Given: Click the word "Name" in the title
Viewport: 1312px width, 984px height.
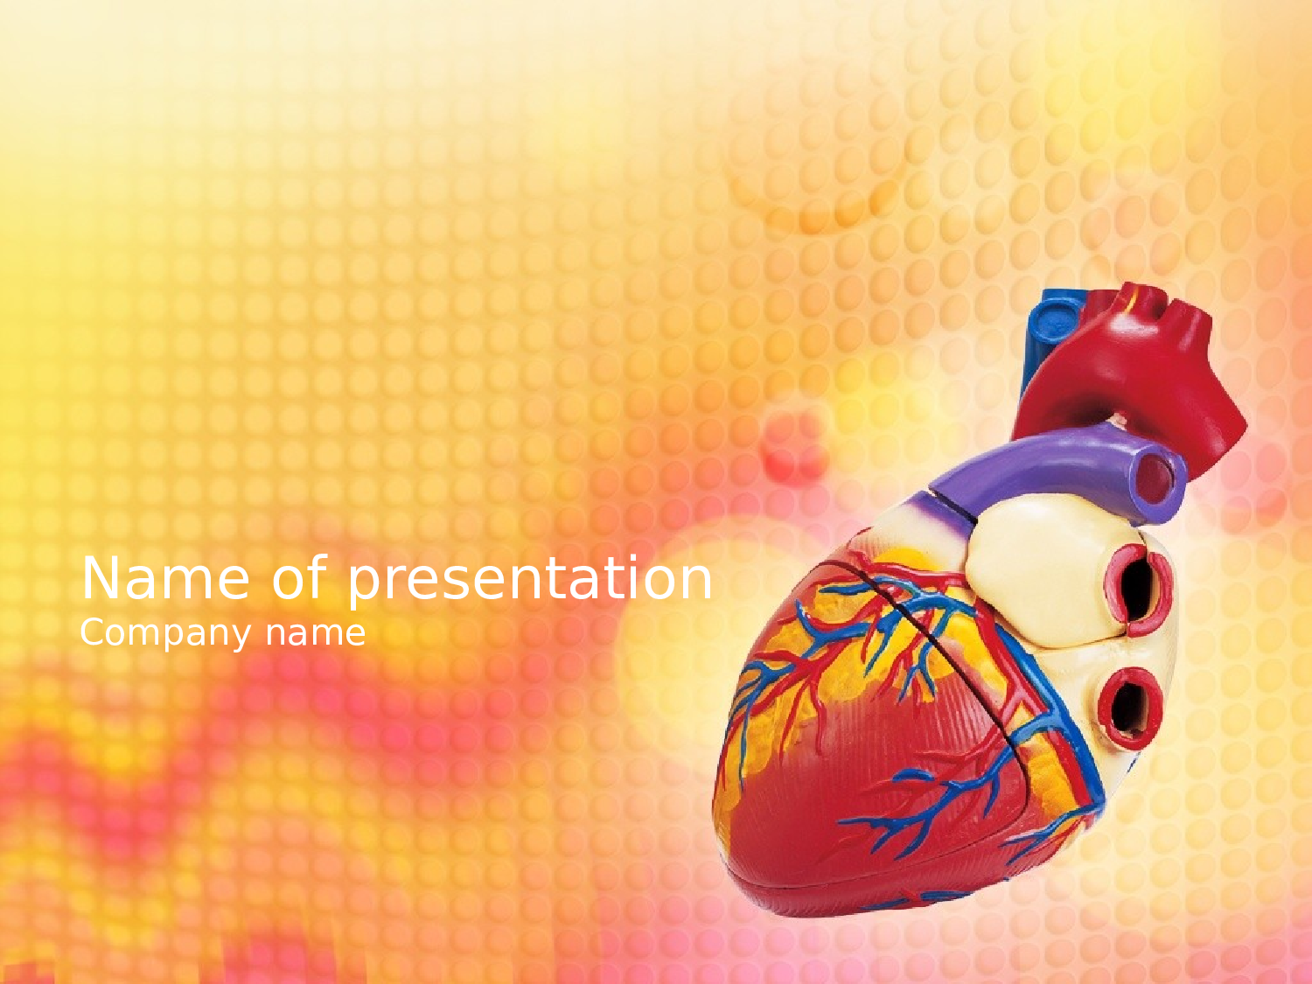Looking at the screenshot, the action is click(165, 578).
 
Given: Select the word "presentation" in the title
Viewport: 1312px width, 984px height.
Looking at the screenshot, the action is click(529, 582).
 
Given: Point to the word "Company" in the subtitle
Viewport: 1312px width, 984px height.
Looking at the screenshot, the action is click(165, 634).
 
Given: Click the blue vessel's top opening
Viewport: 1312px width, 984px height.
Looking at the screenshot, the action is click(1057, 324).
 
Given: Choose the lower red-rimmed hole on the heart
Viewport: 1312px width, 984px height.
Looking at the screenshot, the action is click(1130, 708).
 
